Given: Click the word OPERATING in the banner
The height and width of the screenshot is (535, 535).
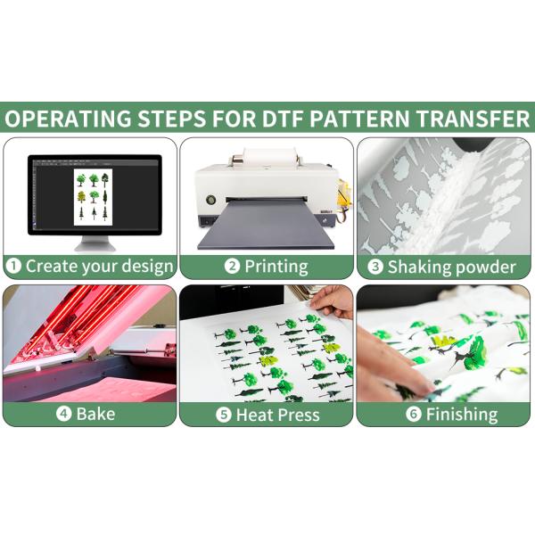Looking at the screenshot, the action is point(68,119).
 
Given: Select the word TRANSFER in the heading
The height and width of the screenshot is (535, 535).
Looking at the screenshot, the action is point(473,119).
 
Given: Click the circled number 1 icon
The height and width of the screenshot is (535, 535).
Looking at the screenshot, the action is point(14,266).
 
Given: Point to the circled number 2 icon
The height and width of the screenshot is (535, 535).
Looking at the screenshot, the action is point(232,266).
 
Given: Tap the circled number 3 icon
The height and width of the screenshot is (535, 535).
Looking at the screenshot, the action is point(375,267).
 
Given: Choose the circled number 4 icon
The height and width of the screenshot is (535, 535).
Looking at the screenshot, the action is point(64,414).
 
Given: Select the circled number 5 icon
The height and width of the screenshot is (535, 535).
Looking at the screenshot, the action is point(224,415).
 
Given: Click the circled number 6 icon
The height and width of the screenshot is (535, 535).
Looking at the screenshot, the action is point(414,415).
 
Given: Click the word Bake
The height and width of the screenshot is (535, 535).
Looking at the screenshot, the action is point(96,414).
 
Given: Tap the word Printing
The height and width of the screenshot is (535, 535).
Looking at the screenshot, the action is point(276,267).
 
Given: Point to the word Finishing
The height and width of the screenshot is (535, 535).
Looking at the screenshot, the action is point(462,415).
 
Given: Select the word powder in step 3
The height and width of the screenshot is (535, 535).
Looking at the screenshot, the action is point(486,267).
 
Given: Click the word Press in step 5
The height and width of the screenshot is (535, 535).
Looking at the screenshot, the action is point(299,415).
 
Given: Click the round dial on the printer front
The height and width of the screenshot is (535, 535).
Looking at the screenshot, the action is point(210,200).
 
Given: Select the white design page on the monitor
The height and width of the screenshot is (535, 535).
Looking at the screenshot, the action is point(93,197).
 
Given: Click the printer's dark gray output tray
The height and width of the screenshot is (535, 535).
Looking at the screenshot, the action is point(266,225).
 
